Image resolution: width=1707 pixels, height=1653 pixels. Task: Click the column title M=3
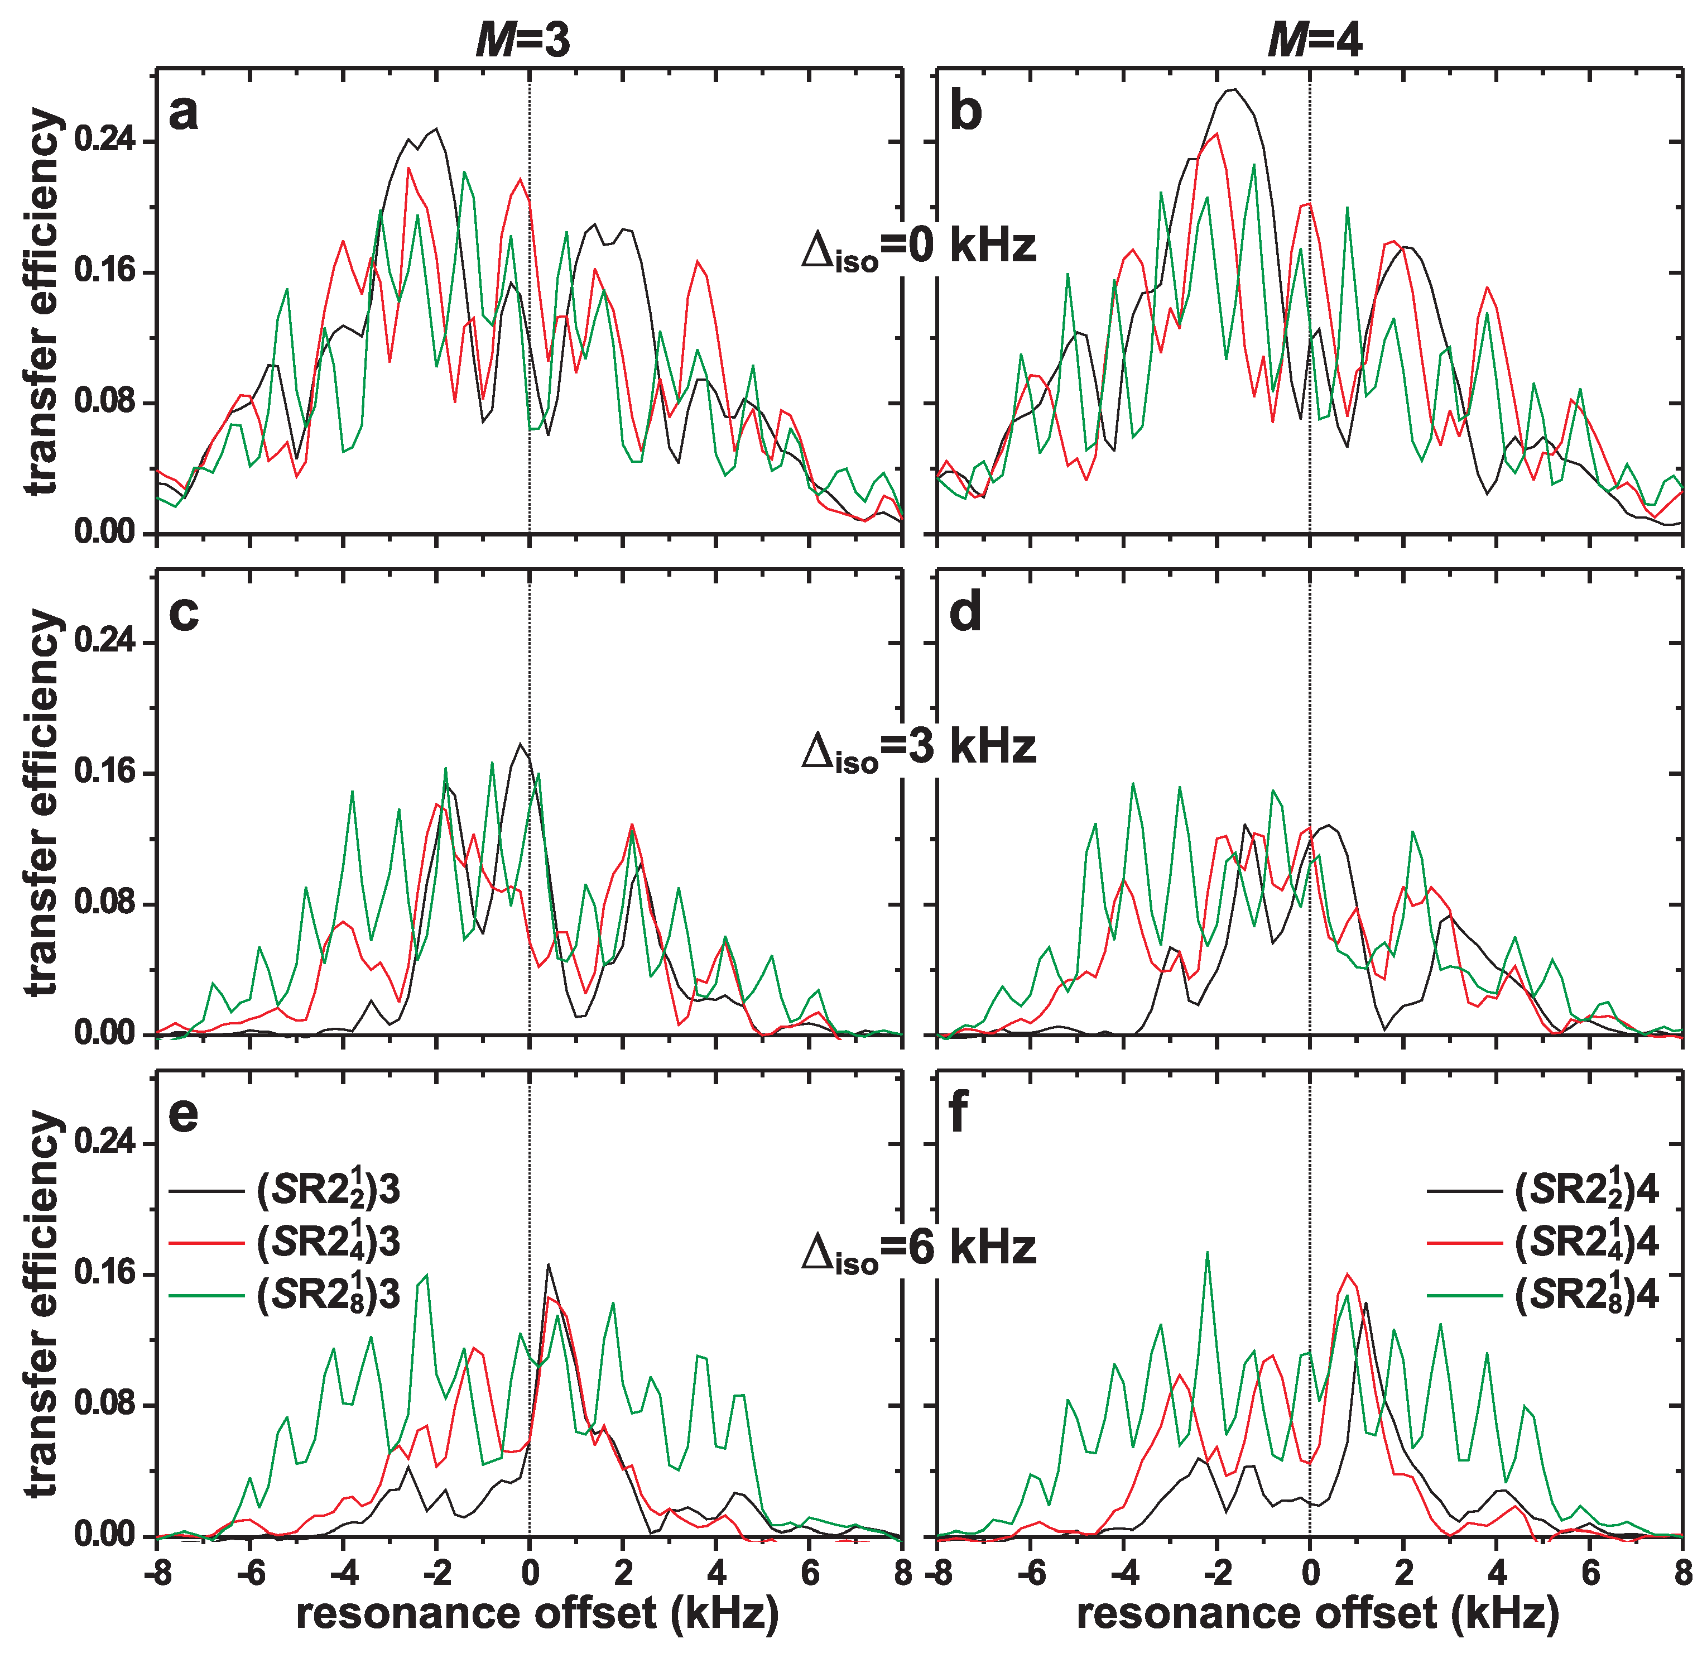pyautogui.click(x=522, y=39)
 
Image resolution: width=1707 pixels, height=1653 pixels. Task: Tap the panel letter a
pyautogui.click(x=183, y=113)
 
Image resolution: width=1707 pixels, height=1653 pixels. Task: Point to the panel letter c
pyautogui.click(x=184, y=612)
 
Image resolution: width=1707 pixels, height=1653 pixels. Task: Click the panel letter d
pyautogui.click(x=965, y=612)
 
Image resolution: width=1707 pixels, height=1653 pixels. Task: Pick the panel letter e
pyautogui.click(x=184, y=1114)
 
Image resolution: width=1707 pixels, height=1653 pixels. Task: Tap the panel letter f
pyautogui.click(x=958, y=1114)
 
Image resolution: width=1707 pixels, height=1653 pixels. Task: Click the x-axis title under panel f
pyautogui.click(x=1317, y=1613)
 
